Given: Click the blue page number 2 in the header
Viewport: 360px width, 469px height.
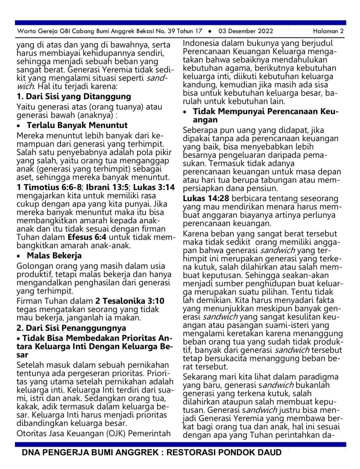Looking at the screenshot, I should click(x=342, y=31).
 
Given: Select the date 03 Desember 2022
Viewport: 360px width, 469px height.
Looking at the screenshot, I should click(x=246, y=31).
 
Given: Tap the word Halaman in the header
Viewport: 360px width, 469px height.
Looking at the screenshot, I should click(x=325, y=31).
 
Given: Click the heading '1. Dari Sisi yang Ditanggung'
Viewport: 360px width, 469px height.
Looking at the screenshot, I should click(x=74, y=97).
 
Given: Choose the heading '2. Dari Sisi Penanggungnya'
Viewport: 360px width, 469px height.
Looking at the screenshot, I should click(x=71, y=328).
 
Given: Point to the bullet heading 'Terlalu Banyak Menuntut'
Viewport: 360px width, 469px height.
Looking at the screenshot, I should click(x=77, y=125).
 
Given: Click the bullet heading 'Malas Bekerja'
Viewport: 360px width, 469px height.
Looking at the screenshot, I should click(x=54, y=256).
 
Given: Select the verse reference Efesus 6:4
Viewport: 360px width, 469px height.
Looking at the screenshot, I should click(x=87, y=237).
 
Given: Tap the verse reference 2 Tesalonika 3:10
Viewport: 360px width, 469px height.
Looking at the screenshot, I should click(x=130, y=301).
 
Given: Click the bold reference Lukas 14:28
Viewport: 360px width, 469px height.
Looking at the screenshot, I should click(x=206, y=199).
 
